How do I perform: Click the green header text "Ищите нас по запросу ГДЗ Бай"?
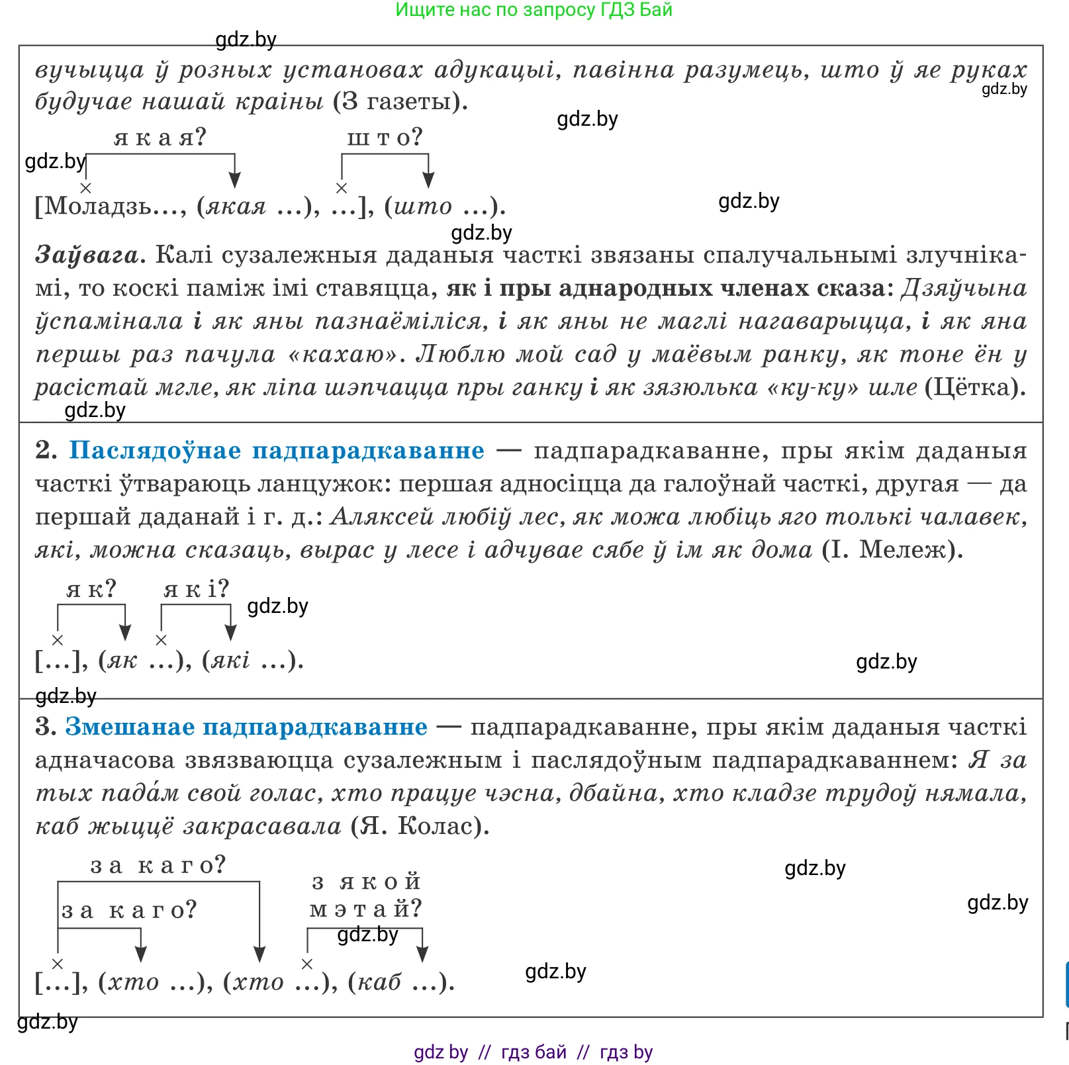coord(534,10)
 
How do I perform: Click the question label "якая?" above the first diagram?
coord(160,137)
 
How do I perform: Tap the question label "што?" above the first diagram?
coord(385,137)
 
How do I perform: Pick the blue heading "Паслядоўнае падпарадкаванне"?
coord(276,450)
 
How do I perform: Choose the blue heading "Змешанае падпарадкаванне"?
coord(246,727)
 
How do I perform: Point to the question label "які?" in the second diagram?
coord(196,588)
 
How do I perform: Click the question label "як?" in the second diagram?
coord(91,588)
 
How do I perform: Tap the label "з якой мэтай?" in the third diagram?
coord(365,895)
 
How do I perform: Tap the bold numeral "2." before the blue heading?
coord(46,450)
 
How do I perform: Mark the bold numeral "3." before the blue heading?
coord(46,727)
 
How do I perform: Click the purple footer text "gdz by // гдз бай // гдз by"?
coord(534,1052)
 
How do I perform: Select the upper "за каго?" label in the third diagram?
coord(158,865)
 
